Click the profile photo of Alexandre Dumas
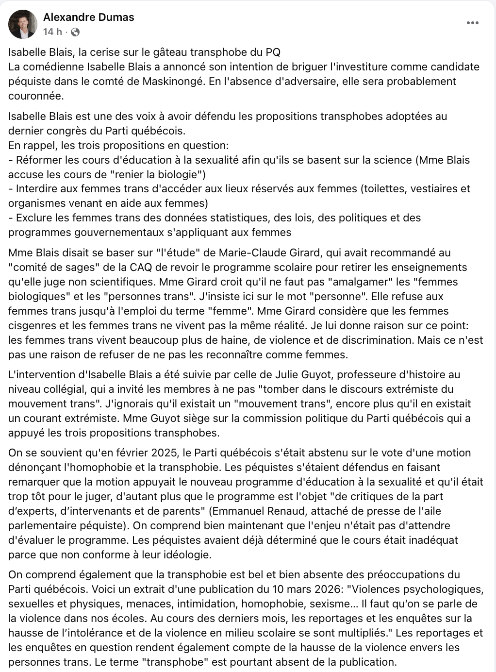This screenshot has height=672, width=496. (x=23, y=24)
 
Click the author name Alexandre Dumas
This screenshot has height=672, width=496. (x=88, y=17)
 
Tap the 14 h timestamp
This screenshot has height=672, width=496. (x=52, y=32)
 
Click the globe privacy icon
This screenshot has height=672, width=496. (x=75, y=32)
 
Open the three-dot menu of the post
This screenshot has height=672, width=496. (x=472, y=23)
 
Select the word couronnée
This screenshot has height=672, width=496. (x=35, y=96)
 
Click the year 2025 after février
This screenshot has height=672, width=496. (x=165, y=453)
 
